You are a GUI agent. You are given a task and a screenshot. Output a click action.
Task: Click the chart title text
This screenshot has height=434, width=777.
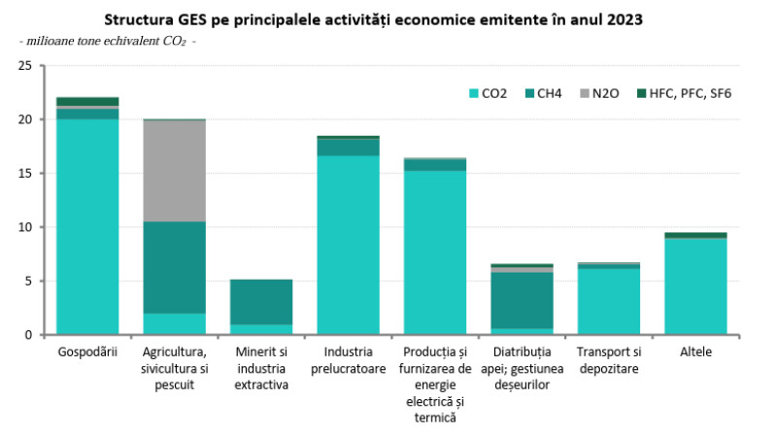[x=388, y=19]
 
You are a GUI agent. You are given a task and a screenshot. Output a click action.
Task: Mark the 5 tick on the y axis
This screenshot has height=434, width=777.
[x=28, y=282]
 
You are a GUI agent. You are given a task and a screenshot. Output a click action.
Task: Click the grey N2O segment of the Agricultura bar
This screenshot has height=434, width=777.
[x=174, y=171]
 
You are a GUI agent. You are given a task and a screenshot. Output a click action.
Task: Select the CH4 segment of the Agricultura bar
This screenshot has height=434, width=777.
[x=174, y=267]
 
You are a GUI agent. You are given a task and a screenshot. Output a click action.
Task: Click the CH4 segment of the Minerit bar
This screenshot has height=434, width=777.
[x=261, y=302]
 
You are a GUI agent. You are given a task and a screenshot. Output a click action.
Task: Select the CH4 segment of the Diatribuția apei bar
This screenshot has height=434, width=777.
[x=522, y=300]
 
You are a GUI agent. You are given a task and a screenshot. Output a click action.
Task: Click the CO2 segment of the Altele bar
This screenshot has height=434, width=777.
[x=695, y=286]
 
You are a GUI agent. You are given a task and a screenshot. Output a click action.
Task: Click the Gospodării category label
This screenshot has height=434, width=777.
[x=87, y=351]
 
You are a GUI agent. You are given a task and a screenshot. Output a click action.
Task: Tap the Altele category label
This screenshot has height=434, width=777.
[x=695, y=351]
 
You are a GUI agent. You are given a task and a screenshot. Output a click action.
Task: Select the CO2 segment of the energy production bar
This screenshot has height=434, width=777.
[x=435, y=252]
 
